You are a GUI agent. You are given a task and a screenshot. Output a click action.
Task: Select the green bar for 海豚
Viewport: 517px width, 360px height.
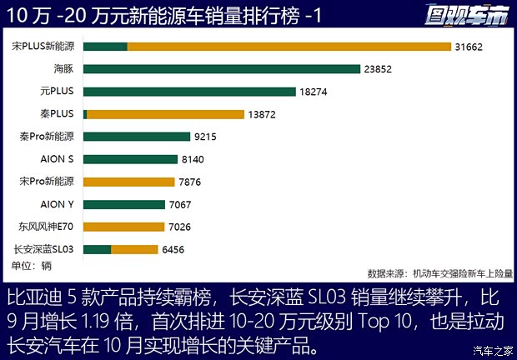point(222,69)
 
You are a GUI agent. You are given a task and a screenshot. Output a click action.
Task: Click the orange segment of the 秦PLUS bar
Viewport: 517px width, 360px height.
point(165,114)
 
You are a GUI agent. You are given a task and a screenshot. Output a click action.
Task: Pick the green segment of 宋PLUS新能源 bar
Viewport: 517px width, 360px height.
point(105,47)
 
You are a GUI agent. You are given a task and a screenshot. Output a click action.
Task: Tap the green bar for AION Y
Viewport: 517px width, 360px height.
point(124,204)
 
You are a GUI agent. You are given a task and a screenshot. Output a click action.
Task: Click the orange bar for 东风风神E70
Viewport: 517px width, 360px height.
point(123,227)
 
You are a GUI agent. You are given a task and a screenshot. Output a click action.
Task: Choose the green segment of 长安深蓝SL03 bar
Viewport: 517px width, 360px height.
point(98,249)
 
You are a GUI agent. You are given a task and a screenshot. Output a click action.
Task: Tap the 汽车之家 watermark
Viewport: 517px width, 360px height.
point(492,350)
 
